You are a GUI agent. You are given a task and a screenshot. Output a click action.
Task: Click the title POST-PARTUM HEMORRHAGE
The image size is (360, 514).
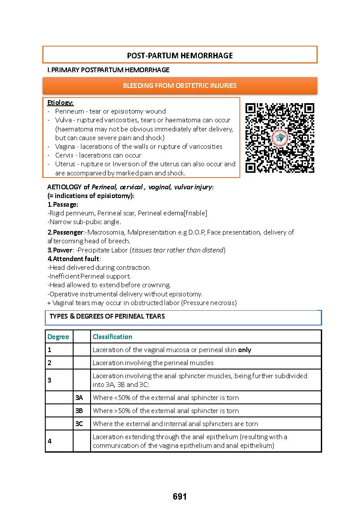pos(179,55)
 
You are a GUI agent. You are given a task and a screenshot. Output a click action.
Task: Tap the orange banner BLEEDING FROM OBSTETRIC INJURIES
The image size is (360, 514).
pos(179,85)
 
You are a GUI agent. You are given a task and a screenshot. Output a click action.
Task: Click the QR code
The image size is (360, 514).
pos(279,138)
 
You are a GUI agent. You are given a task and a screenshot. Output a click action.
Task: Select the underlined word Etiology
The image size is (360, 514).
pos(60,102)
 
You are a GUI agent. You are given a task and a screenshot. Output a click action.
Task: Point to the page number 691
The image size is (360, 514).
pos(179,497)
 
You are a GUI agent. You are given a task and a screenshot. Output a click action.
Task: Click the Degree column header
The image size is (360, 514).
pos(58,336)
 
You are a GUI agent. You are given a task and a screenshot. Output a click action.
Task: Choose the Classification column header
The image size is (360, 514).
pos(112,336)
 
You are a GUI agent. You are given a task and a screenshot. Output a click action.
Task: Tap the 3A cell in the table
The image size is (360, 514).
pos(79,397)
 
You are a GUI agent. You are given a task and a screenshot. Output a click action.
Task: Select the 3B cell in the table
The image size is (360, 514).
pos(79,410)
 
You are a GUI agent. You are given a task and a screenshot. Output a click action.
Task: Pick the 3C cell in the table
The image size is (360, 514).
pos(79,423)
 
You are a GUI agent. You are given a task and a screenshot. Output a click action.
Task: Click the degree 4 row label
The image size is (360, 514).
pos(50,441)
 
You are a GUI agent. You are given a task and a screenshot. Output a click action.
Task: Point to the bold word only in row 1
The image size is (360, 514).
pos(244,349)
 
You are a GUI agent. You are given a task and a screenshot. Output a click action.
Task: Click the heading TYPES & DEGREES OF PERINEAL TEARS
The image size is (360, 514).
pos(107,316)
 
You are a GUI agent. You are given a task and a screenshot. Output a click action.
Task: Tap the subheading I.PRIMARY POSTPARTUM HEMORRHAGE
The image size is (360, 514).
pos(108,70)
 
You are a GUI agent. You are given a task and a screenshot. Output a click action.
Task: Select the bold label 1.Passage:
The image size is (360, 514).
pos(63,204)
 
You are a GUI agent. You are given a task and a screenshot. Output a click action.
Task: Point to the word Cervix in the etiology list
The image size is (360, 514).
pos(63,155)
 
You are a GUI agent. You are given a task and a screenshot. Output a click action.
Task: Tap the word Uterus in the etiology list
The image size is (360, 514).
pos(64,164)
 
